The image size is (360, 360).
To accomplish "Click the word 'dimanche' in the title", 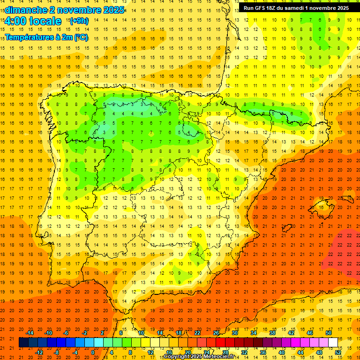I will (x=26, y=10).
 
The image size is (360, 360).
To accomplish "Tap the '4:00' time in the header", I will (x=15, y=21).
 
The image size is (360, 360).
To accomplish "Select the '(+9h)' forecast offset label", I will (x=79, y=21).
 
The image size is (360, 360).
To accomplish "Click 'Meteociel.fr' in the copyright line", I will (x=219, y=357).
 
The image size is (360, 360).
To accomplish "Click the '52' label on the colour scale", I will (x=338, y=352).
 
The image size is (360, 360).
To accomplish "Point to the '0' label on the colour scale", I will (x=93, y=352).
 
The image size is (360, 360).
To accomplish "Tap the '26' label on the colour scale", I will (x=216, y=333).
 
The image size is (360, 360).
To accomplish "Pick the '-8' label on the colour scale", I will (x=57, y=352).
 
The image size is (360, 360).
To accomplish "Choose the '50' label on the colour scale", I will (x=329, y=333).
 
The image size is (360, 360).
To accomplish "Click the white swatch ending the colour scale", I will (x=333, y=343).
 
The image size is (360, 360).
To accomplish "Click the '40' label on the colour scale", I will (x=282, y=352).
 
